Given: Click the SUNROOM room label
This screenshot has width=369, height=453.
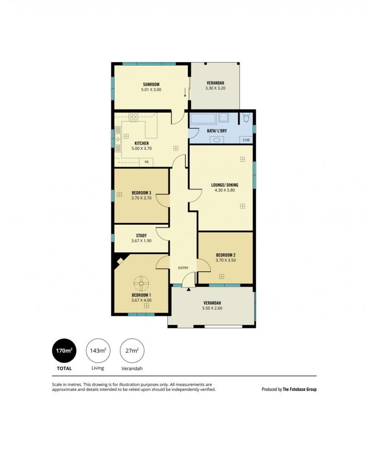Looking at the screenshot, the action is (x=151, y=84).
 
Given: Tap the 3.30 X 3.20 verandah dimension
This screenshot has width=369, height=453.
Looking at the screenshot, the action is (x=215, y=88).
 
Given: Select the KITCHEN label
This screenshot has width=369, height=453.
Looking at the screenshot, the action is (x=141, y=143).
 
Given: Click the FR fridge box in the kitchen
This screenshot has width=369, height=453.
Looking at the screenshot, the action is (x=146, y=162).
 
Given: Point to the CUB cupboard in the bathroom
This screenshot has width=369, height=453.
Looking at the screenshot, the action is (x=246, y=140).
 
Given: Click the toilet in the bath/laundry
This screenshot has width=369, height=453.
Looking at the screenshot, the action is (x=246, y=118).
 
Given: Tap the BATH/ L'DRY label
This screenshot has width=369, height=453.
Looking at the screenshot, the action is (x=217, y=131).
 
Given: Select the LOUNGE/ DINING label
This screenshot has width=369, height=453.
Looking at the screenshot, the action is (x=225, y=185).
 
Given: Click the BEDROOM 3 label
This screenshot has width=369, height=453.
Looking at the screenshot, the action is (x=141, y=193).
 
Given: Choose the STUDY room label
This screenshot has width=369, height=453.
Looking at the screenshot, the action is (x=141, y=236).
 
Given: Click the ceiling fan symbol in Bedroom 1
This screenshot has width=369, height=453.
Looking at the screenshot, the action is (x=141, y=284).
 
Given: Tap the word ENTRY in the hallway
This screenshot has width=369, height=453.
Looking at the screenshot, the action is (x=183, y=268).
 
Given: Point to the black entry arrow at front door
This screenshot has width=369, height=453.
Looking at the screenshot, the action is (x=188, y=289).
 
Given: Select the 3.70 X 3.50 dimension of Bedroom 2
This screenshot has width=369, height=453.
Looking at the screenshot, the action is (x=225, y=260).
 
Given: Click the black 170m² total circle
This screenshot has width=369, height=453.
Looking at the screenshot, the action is (x=64, y=351).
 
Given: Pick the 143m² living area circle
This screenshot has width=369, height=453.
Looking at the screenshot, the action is (x=98, y=351).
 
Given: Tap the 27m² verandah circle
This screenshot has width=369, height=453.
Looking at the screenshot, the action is (x=132, y=351).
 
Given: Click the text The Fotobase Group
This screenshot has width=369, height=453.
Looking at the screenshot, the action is (x=299, y=389).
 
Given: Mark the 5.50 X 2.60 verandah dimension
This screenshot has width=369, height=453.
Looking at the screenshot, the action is (x=212, y=308).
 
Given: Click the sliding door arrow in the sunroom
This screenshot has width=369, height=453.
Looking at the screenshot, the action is (x=185, y=92).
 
